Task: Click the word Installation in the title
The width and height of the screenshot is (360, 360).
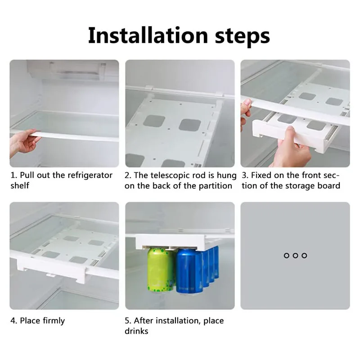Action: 148,36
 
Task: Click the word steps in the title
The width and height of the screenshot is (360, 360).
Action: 243,37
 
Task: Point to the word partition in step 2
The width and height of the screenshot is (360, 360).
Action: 216,186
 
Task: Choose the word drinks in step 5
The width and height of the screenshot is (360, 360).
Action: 136,331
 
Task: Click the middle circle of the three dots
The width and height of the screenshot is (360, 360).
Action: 295,256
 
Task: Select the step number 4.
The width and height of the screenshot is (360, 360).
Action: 13,320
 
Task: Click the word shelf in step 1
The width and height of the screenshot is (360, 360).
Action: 20,185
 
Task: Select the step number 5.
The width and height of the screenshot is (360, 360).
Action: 128,320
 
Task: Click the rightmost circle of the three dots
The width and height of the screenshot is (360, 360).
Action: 304,256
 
